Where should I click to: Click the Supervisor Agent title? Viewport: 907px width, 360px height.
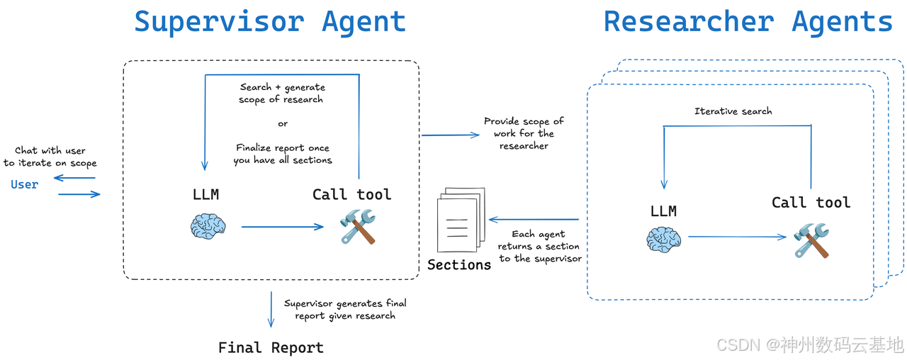coord(270,22)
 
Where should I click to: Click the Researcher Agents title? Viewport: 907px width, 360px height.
coord(748,22)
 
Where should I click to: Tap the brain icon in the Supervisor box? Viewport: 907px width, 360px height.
coord(208,226)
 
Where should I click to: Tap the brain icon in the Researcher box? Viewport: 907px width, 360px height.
coord(664,240)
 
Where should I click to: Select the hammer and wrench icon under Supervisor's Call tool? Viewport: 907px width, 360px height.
coord(358,227)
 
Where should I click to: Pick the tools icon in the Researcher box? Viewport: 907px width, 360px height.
coord(811,240)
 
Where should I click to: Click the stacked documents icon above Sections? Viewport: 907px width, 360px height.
coord(461,220)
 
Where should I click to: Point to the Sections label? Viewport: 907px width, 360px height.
coord(459,265)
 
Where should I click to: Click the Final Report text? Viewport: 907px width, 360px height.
coord(271,347)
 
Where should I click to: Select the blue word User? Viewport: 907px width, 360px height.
coord(24,185)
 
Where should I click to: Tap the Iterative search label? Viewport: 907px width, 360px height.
coord(733,111)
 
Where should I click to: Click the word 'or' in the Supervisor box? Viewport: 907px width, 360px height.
coord(283,123)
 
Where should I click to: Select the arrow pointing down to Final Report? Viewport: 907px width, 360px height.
coord(271,310)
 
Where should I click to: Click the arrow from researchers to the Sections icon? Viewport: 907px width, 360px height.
coord(534,220)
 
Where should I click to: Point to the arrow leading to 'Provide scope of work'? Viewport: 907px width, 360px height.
coord(451,135)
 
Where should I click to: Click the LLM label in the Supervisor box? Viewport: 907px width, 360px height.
coord(205,195)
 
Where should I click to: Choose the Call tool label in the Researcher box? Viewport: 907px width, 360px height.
coord(811,203)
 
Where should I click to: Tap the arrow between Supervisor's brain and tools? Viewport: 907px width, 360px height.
coord(282,227)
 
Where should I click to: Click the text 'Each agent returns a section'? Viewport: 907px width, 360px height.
coord(539,240)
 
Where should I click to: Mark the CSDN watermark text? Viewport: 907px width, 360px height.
coord(810,344)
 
